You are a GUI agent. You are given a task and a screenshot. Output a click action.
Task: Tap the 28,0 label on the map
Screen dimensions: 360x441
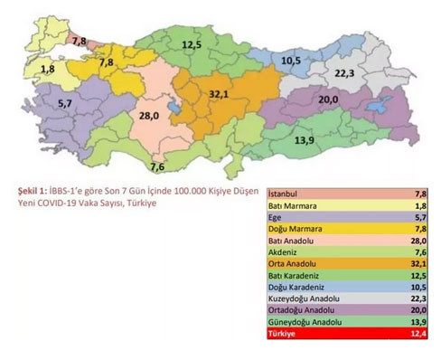148,116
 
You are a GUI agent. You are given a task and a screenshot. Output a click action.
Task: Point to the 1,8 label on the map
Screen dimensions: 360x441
47,69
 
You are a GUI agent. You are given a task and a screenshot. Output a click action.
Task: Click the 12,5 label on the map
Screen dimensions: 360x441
192,43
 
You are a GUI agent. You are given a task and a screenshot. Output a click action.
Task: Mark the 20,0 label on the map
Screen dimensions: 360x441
327,99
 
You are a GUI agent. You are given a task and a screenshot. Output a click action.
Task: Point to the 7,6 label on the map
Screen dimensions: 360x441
156,167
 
